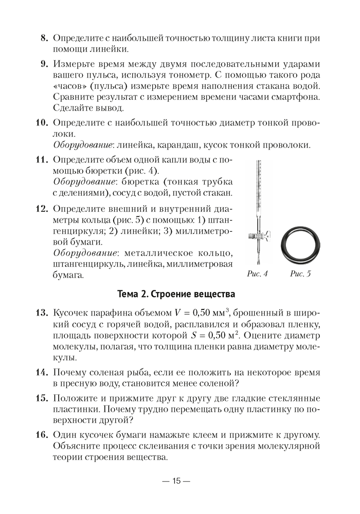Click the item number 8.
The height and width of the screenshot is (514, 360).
click(44, 38)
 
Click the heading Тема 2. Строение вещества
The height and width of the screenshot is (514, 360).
click(176, 295)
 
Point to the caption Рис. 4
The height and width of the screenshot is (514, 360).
click(257, 274)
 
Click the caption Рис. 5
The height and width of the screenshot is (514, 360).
click(300, 274)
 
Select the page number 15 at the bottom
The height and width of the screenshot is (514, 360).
click(176, 481)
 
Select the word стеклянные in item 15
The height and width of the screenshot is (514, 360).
click(292, 399)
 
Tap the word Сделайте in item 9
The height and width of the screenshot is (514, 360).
click(72, 108)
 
